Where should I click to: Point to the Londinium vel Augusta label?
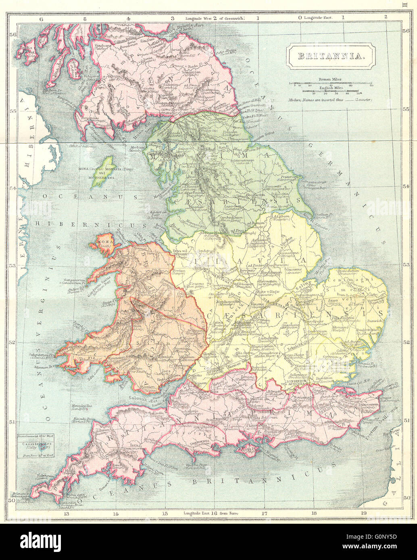[x=296, y=382]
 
